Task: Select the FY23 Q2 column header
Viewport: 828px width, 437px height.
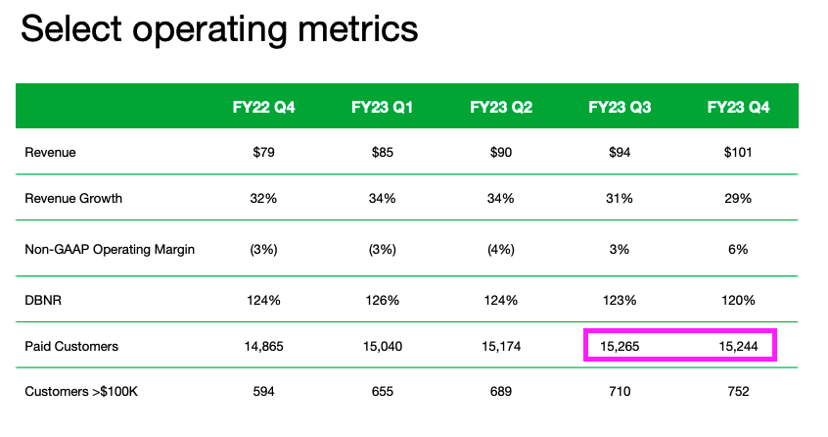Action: (501, 107)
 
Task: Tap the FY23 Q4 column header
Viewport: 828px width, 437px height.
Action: (738, 107)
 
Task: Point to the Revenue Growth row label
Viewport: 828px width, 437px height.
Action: (73, 199)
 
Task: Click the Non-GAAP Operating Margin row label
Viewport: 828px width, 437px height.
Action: (110, 249)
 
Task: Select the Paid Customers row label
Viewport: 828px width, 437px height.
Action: (71, 345)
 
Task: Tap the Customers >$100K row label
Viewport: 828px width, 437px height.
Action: (82, 393)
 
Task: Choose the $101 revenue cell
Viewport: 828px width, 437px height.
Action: (738, 153)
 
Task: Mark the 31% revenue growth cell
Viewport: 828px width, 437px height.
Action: (620, 199)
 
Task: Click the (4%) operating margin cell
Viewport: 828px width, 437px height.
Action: (501, 249)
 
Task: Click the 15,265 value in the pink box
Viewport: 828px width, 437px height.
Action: (620, 345)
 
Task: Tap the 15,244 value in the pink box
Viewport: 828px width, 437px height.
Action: (738, 345)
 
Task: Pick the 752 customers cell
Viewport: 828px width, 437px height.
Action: (738, 393)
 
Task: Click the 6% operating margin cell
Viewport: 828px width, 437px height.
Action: (738, 249)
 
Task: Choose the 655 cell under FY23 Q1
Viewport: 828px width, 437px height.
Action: (382, 393)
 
